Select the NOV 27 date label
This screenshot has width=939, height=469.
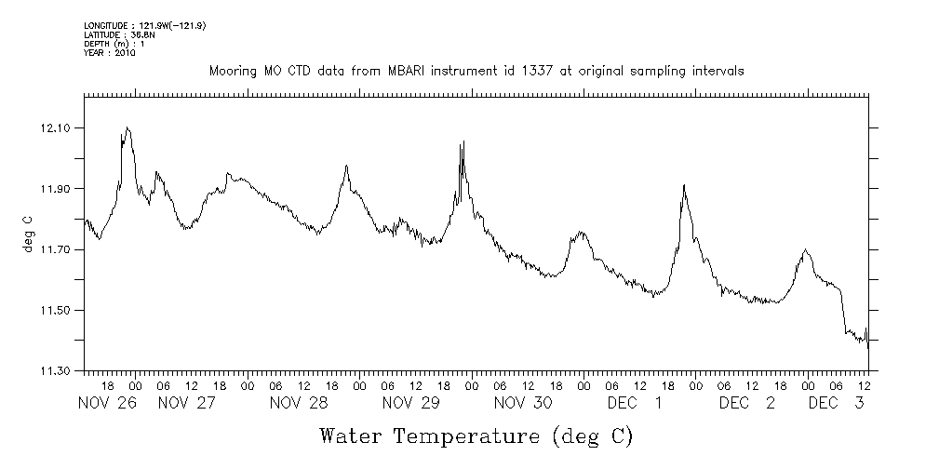click(187, 403)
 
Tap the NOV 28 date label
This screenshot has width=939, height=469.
click(299, 403)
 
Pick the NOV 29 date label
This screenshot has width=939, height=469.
click(410, 403)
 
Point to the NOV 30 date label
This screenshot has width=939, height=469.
click(523, 403)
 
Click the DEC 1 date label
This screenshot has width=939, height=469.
click(635, 403)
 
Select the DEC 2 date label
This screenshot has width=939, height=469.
click(746, 403)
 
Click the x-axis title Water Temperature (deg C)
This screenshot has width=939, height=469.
click(476, 435)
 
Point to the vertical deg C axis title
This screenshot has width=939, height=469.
click(28, 237)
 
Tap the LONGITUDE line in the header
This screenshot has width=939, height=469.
click(144, 25)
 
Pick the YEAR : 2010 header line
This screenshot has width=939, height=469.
click(110, 53)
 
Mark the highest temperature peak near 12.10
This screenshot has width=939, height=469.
click(127, 128)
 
